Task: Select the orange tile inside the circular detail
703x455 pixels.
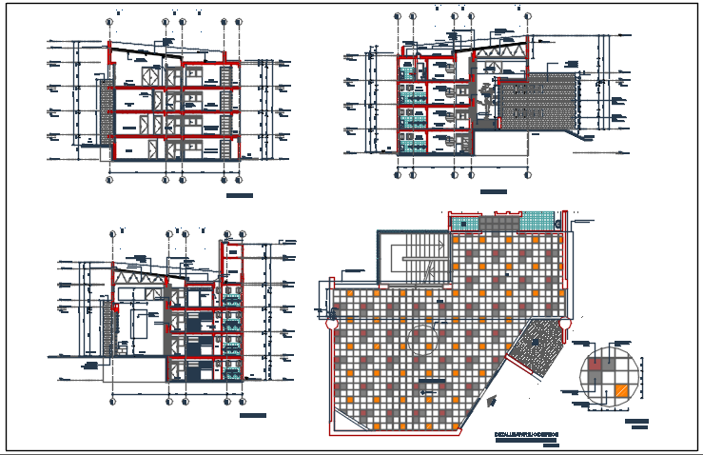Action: click(x=620, y=389)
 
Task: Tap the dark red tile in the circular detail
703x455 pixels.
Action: click(x=596, y=363)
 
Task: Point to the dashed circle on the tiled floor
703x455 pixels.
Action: click(x=422, y=340)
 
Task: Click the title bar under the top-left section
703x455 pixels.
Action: click(x=240, y=195)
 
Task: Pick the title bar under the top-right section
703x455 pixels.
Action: click(x=493, y=192)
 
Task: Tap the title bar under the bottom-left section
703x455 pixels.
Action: click(x=252, y=416)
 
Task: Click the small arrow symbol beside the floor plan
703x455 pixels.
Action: click(x=490, y=403)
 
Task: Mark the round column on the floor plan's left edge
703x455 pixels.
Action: click(x=331, y=324)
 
